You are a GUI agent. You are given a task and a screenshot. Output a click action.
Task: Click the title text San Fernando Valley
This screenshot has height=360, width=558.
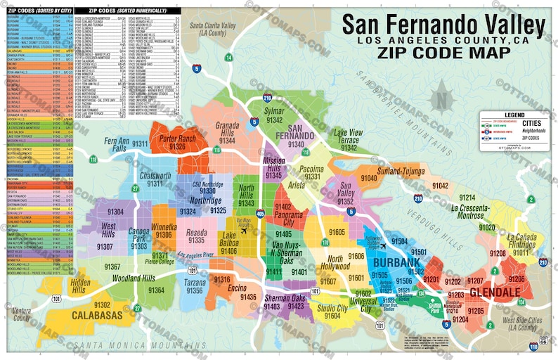tap(443, 26)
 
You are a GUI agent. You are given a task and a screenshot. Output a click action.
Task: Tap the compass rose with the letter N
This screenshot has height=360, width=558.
tap(442, 96)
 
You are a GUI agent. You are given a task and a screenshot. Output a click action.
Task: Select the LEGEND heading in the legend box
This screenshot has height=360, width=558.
tap(514, 114)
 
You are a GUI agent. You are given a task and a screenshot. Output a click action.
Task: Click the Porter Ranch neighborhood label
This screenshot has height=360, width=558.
tap(177, 139)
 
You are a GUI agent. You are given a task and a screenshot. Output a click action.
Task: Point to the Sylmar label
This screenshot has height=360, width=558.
tap(273, 112)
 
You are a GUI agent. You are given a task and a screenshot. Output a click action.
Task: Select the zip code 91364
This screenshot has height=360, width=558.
tap(155, 290)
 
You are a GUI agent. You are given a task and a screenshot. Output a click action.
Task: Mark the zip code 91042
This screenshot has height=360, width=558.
tap(440, 185)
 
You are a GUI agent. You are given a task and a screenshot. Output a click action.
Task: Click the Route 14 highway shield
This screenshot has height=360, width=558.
tap(228, 57)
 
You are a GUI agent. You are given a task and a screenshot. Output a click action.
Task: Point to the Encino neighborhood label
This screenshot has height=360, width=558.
tap(238, 288)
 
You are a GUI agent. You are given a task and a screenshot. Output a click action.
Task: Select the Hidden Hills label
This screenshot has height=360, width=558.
tap(79, 285)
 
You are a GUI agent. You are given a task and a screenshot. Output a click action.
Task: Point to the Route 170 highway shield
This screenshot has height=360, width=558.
tap(325, 243)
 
